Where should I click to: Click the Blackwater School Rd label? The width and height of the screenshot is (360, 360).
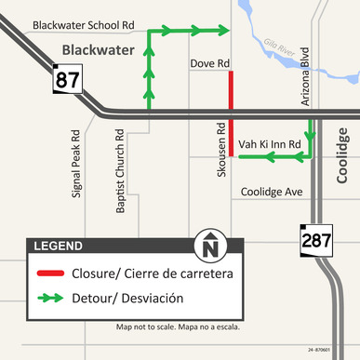point(83,24)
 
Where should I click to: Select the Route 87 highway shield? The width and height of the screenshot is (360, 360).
point(67,80)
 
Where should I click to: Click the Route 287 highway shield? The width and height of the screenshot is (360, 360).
point(315,241)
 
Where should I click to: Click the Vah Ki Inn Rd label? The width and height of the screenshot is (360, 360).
point(270,145)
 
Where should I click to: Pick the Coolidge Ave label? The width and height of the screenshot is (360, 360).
point(273,192)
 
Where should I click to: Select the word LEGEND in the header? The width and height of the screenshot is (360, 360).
point(58,247)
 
